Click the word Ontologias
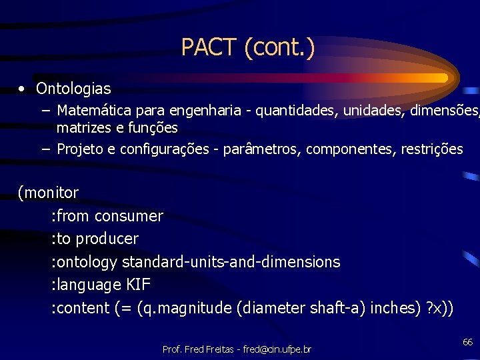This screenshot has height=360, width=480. click(x=73, y=89)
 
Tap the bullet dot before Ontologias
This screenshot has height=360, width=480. click(x=22, y=89)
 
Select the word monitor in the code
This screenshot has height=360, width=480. click(x=51, y=193)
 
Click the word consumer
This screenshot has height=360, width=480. click(x=129, y=216)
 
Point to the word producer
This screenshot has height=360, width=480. click(x=107, y=239)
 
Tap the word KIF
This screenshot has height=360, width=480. click(x=138, y=285)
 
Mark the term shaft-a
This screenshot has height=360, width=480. click(x=337, y=308)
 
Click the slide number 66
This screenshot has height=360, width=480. click(x=467, y=342)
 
